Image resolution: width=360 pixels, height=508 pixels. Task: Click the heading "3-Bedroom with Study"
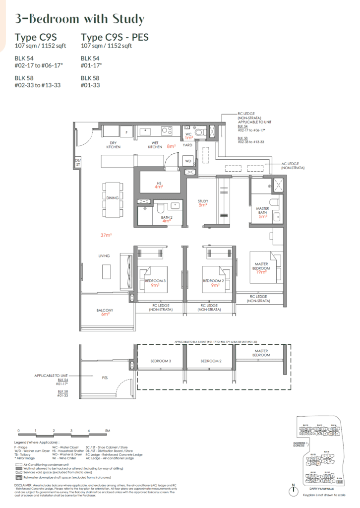80,19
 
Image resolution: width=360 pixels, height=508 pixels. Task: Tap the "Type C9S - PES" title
114,37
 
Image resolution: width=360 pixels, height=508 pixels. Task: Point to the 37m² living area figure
104,235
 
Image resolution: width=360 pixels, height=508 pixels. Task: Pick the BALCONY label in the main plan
105,310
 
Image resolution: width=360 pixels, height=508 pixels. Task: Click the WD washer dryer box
188,161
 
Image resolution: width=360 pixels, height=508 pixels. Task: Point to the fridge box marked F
126,132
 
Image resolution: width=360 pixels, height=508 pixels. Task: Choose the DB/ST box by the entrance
77,162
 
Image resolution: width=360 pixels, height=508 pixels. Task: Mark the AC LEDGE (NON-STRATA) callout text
293,166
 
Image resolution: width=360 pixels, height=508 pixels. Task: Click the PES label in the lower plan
105,378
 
